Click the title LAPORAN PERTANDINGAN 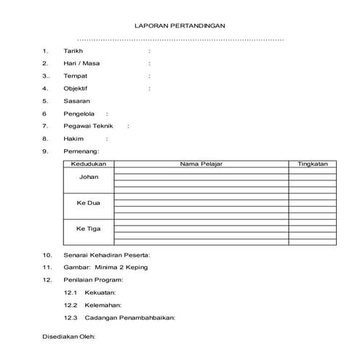click(180, 25)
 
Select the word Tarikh click(73, 51)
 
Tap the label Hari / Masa click(81, 63)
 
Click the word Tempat click(76, 76)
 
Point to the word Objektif click(76, 88)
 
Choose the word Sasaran click(76, 101)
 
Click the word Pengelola click(79, 113)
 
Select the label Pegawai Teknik click(89, 126)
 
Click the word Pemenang click(81, 151)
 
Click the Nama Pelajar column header click(201, 164)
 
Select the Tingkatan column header click(313, 164)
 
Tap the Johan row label click(89, 177)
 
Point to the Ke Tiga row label click(89, 229)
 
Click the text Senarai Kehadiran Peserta click(107, 255)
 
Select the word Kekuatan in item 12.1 click(103, 292)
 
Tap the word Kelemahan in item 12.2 click(103, 305)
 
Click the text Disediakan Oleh click(69, 337)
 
